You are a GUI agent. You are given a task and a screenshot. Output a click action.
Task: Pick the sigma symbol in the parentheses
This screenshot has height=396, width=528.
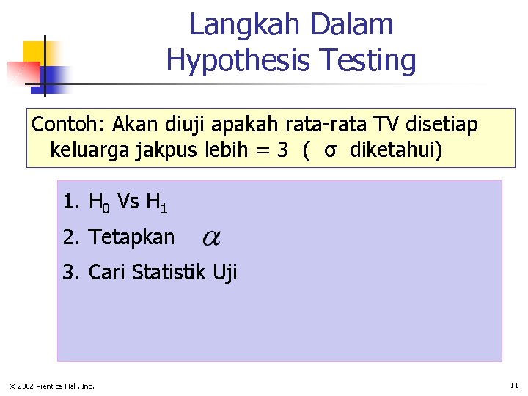[331, 151]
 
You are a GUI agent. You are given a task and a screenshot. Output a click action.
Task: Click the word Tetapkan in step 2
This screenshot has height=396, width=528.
[132, 237]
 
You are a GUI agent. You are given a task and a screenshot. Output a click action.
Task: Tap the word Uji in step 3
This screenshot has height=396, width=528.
[225, 273]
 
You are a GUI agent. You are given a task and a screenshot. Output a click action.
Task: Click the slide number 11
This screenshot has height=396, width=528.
[513, 385]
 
